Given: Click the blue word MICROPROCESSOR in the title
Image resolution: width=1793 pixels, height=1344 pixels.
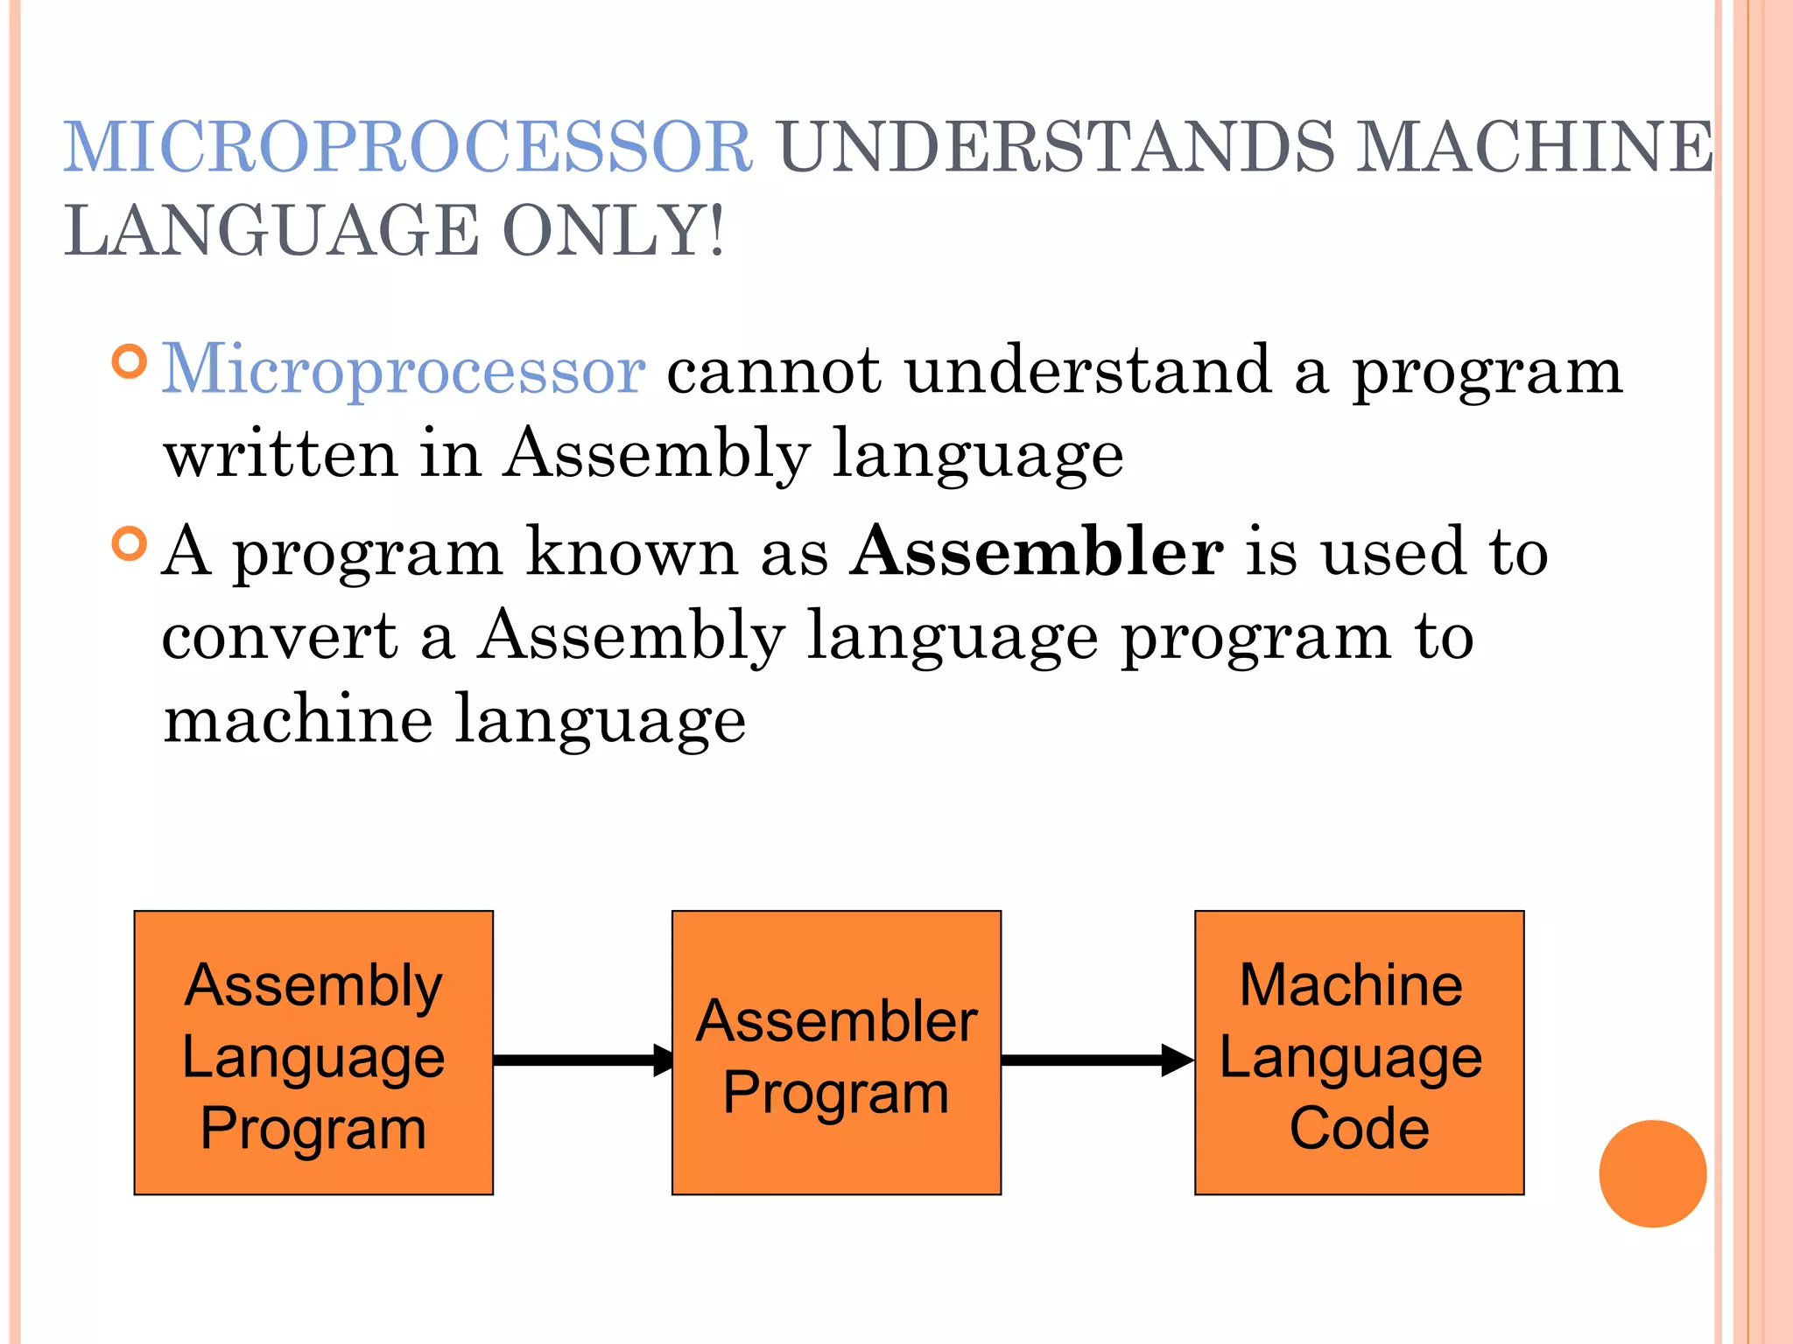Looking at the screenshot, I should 408,147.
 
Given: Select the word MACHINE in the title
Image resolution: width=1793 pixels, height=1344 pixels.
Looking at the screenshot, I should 1535,147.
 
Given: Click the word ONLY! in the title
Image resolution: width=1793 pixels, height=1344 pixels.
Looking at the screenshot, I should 614,231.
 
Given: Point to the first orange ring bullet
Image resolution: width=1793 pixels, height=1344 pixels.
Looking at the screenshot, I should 130,361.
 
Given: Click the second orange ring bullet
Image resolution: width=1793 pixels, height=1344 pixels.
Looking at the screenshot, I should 130,544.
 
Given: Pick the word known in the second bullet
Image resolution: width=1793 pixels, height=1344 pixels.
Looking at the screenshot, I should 632,553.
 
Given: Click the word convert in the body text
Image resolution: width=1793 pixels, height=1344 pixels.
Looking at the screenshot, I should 279,637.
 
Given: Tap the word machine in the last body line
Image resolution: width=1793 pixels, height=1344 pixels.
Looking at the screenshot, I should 298,719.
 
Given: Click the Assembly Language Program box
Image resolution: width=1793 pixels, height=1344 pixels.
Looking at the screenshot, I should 313,1053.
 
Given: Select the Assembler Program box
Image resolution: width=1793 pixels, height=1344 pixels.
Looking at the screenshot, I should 836,1053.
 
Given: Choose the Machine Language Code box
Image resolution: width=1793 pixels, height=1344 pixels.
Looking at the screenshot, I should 1359,1053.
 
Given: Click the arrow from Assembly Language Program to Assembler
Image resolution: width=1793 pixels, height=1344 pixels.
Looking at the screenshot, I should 582,1060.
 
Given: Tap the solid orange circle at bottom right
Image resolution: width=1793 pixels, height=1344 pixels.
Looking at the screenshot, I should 1652,1173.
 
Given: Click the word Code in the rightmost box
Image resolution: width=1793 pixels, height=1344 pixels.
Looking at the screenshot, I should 1359,1128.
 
